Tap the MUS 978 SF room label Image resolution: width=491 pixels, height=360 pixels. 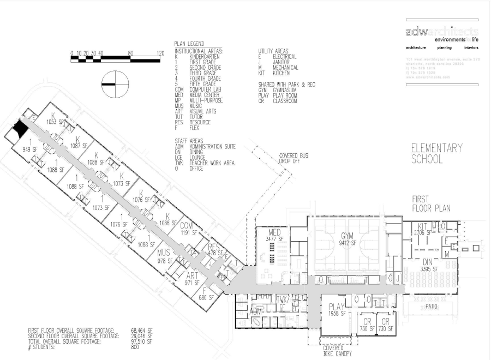pyautogui.click(x=164, y=257)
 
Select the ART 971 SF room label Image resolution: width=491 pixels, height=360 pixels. pyautogui.click(x=193, y=279)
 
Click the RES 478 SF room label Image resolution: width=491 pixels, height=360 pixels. pyautogui.click(x=214, y=249)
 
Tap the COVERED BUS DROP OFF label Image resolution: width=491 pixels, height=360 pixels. pyautogui.click(x=294, y=158)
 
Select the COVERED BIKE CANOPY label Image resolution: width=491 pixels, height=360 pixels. pyautogui.click(x=333, y=351)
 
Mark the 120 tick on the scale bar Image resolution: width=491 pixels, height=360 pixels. pyautogui.click(x=160, y=53)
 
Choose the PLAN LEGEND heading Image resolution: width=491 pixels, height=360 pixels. pyautogui.click(x=189, y=44)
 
